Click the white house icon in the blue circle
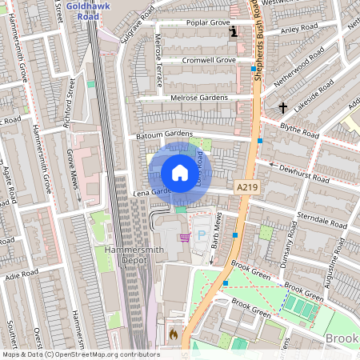pos(180,173)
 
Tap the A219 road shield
pos(246,186)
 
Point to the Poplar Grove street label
pos(207,23)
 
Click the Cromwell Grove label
pos(208,60)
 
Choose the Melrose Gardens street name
pos(200,98)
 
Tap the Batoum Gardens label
pos(164,134)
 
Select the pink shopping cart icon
pos(186,237)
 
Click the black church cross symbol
pos(282,106)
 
